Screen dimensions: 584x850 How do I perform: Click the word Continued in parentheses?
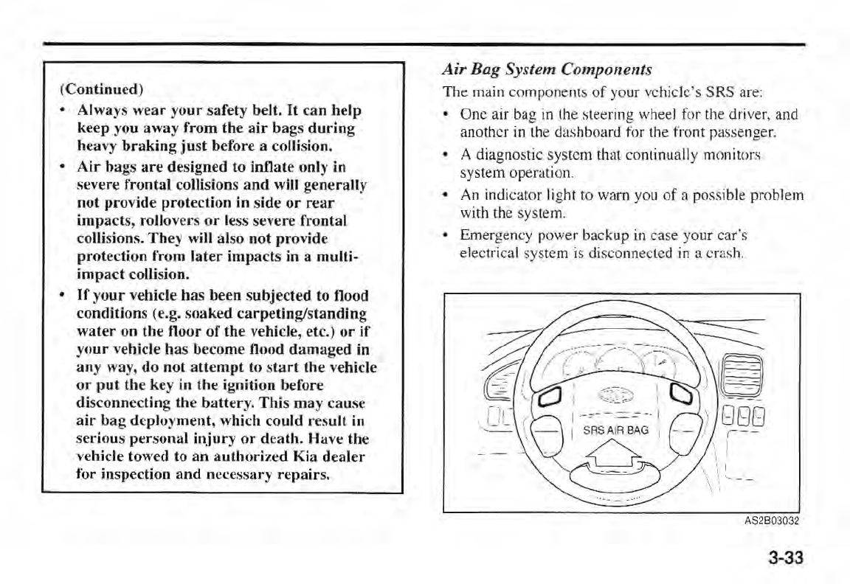click(x=101, y=90)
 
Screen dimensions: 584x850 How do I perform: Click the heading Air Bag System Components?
click(x=547, y=70)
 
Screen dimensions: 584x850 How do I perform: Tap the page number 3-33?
click(x=784, y=557)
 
